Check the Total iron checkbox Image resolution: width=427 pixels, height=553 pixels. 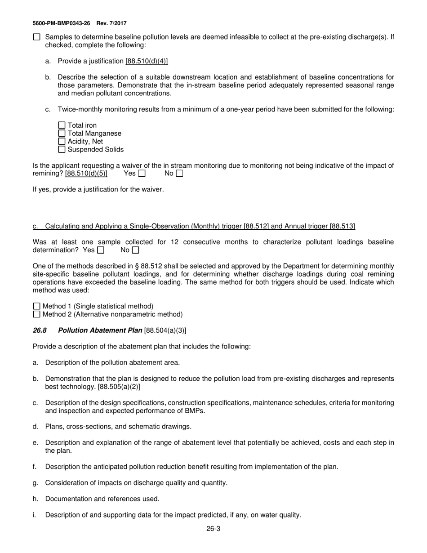(x=62, y=125)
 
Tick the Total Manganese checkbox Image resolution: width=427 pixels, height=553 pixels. (x=62, y=134)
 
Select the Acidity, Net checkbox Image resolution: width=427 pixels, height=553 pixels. (x=62, y=142)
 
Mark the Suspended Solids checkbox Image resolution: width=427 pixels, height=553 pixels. (x=62, y=150)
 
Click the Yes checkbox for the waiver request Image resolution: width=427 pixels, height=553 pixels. (x=142, y=174)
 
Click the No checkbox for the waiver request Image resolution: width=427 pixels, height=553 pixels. (x=179, y=174)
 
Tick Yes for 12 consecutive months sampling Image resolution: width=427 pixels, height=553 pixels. (x=101, y=250)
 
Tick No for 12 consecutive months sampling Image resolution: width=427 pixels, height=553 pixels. (x=135, y=250)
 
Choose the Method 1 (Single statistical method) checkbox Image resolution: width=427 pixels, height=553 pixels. (x=37, y=307)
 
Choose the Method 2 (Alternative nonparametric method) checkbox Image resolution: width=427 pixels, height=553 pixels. (x=37, y=315)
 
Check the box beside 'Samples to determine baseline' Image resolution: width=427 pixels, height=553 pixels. (x=37, y=37)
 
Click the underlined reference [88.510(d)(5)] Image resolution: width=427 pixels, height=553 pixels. (x=86, y=174)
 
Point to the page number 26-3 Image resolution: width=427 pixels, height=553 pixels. (x=213, y=529)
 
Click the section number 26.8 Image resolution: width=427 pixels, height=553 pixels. (x=40, y=330)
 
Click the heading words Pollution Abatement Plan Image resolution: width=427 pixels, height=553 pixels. (x=100, y=330)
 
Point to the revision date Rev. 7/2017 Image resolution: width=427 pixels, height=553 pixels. (x=114, y=23)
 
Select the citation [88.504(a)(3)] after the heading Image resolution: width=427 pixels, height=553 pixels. (x=165, y=330)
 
